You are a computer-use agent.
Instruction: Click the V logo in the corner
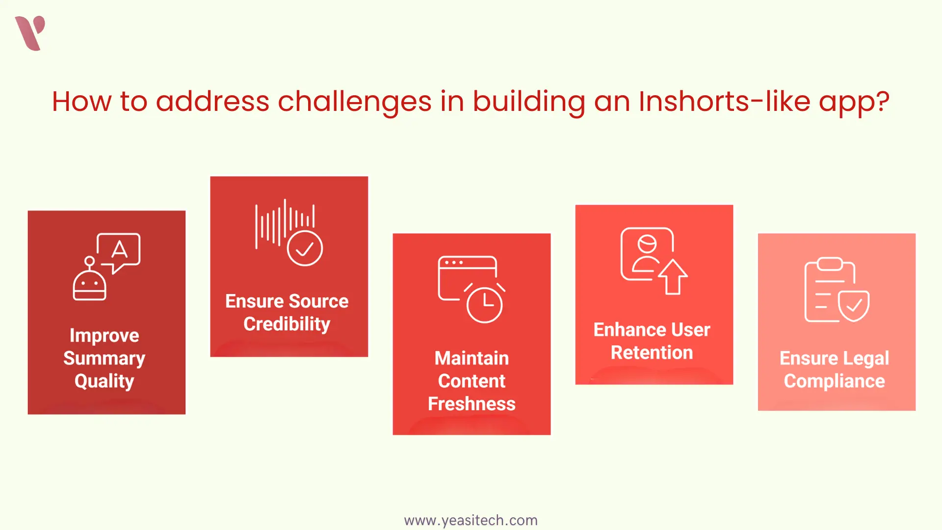(30, 33)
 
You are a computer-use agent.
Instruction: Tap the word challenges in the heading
(355, 102)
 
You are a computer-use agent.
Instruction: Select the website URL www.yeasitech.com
(471, 520)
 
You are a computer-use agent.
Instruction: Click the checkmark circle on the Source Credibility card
(305, 248)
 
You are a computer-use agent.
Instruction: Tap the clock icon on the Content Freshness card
(484, 303)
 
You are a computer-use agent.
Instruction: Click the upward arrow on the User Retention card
(673, 277)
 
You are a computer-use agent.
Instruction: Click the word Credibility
(287, 324)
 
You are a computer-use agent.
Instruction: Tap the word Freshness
(471, 404)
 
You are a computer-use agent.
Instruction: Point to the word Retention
(652, 352)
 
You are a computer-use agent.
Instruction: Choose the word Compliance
(835, 382)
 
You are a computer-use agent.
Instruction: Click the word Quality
(105, 382)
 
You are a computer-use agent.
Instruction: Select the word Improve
(105, 336)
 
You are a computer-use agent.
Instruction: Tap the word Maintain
(471, 358)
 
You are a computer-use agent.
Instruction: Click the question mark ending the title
(883, 101)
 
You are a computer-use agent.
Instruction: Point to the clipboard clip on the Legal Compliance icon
(830, 264)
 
